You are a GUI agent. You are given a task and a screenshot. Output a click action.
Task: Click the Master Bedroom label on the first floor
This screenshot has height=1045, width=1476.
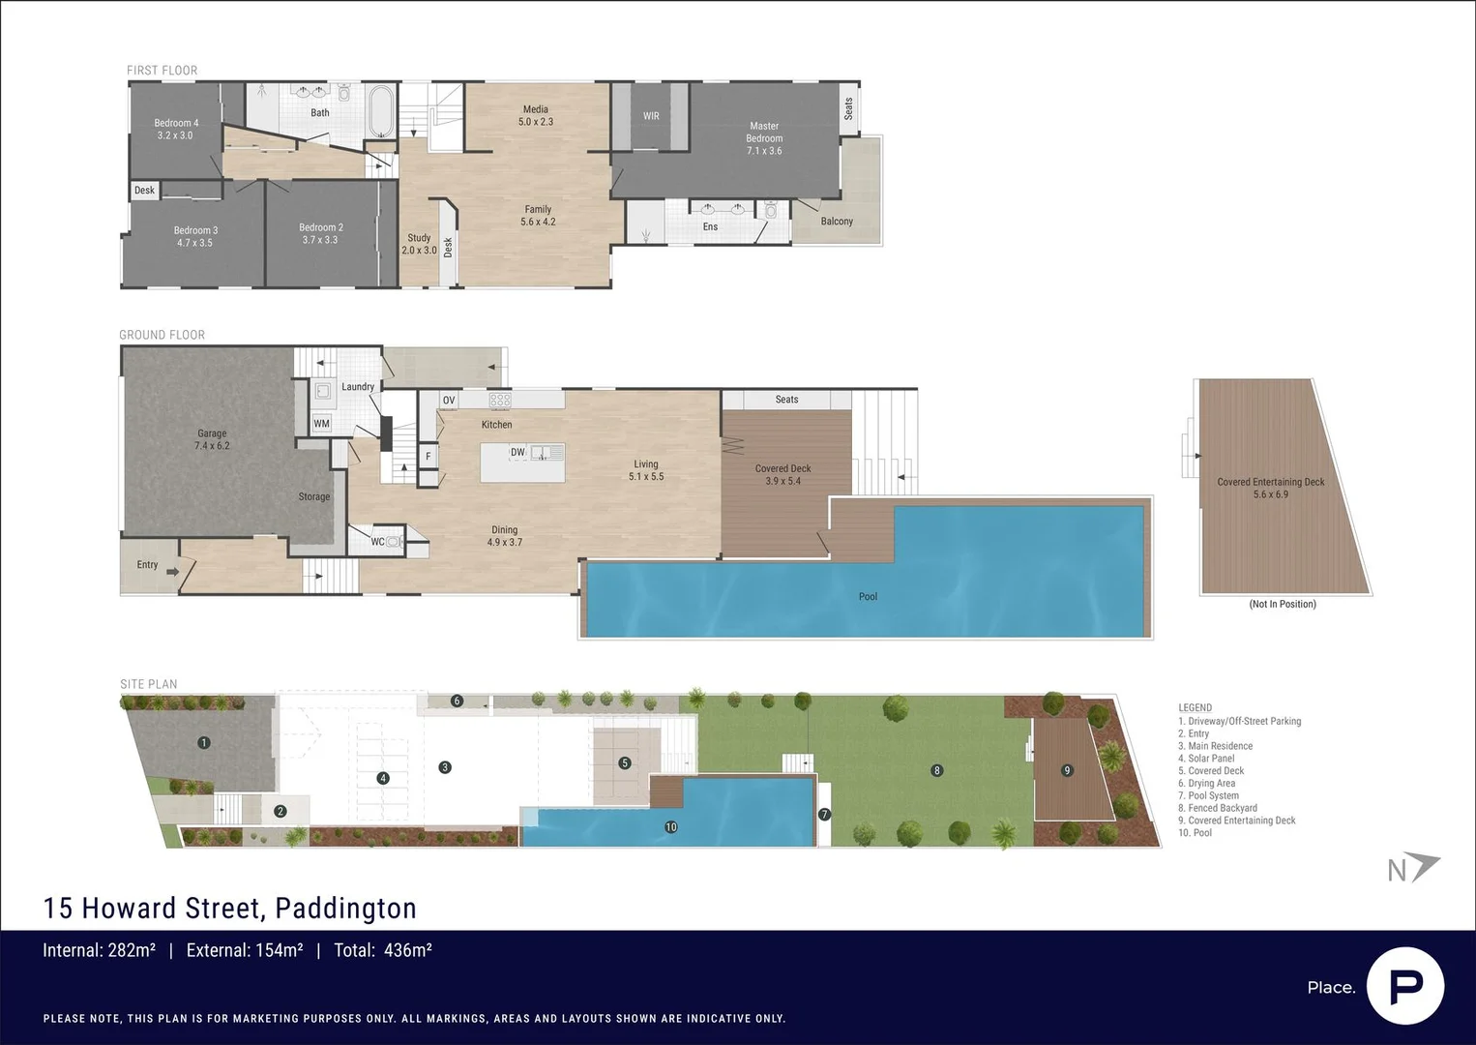764,138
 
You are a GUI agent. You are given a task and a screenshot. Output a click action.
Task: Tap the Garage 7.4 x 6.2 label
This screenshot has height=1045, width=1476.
212,439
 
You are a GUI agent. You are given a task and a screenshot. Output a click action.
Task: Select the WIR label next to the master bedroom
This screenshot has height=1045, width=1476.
651,116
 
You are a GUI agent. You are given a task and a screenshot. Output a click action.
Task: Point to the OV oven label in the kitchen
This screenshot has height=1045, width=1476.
448,400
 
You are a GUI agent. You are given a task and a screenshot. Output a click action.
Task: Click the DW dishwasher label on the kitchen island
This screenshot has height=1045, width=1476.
517,452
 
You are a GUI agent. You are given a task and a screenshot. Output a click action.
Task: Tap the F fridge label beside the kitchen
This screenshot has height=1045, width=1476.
428,456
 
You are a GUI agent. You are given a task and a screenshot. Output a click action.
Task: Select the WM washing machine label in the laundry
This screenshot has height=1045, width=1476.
321,424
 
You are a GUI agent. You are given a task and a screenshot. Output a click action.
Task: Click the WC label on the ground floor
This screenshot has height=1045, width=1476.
377,542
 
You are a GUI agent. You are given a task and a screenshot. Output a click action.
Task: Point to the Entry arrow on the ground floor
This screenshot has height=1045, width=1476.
172,571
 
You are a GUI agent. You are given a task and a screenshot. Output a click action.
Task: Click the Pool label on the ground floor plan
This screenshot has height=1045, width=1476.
868,597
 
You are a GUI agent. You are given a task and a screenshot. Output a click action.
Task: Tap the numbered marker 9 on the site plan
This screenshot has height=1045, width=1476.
1067,770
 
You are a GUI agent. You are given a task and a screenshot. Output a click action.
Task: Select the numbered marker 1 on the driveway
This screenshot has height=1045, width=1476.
203,743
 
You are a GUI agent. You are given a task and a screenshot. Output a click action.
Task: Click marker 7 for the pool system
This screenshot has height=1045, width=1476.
824,815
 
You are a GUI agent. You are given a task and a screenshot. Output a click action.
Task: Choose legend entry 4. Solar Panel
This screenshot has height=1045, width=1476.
1206,759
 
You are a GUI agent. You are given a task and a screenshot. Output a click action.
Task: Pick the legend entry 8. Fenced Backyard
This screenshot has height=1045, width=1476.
1217,808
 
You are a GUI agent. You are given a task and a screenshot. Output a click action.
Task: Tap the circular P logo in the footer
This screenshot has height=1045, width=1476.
1405,986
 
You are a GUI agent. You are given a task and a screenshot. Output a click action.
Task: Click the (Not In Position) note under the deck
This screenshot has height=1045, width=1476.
1282,604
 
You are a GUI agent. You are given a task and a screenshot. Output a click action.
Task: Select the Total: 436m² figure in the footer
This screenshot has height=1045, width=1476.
382,950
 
